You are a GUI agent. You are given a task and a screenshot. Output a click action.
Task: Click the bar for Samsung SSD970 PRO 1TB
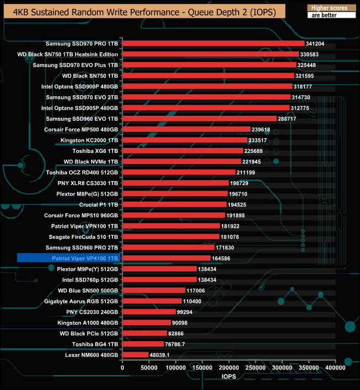click(x=213, y=43)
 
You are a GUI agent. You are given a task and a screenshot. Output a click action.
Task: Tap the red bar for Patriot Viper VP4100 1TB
click(x=166, y=258)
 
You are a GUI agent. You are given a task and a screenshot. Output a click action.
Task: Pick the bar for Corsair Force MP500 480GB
click(x=186, y=129)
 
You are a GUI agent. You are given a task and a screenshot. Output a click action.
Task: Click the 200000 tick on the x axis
click(x=229, y=367)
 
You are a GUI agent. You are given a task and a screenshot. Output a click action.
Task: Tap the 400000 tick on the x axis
click(x=335, y=367)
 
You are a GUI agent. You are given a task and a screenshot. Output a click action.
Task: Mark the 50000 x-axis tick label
click(x=148, y=367)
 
